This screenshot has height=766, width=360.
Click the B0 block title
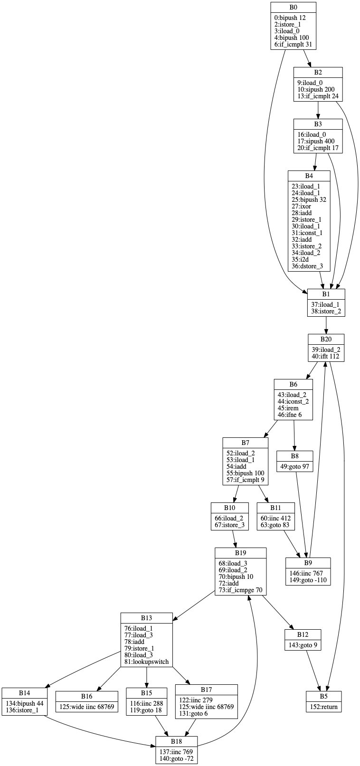coord(293,8)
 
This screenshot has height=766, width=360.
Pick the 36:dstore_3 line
coord(307,266)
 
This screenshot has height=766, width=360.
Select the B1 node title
coord(326,294)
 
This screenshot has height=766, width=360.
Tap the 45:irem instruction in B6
coord(288,408)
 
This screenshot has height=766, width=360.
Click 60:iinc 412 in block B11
coord(276,518)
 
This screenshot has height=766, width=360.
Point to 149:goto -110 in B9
coord(308,580)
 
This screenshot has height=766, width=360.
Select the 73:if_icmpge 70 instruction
coord(240,590)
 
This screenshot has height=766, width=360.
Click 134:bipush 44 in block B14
coord(25,703)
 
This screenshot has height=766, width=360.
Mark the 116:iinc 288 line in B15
coord(146,703)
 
